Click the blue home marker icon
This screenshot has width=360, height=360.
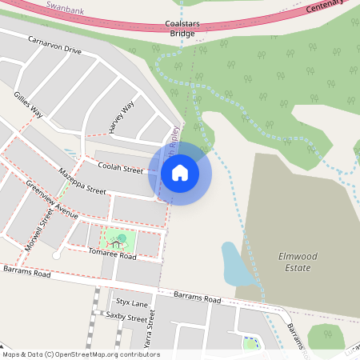[180, 173]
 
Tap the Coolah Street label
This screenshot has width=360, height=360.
[120, 169]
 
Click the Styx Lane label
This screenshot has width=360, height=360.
[132, 304]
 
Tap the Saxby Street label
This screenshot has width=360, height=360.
[126, 318]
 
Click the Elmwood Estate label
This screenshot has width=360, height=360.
[294, 262]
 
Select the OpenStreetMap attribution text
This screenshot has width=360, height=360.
[80, 354]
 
